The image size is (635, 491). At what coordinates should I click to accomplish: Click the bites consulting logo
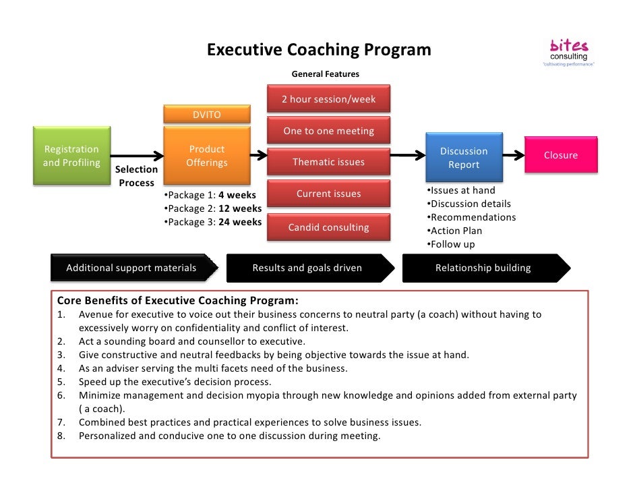click(569, 53)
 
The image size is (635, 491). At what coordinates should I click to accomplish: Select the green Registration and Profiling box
click(71, 156)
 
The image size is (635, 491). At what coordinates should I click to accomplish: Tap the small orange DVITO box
click(206, 115)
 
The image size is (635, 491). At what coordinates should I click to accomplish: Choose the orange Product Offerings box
click(206, 156)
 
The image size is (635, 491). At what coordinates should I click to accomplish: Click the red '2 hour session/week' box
click(328, 99)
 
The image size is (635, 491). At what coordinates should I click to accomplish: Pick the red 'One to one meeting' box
click(328, 131)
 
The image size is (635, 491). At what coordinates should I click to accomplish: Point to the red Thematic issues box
click(328, 162)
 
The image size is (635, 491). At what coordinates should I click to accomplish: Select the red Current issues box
click(328, 194)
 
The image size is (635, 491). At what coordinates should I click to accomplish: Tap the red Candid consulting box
click(328, 227)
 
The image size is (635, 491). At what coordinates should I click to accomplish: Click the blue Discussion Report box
click(463, 158)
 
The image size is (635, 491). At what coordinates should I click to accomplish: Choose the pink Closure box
click(561, 155)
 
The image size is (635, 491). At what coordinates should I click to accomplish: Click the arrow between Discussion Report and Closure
click(513, 155)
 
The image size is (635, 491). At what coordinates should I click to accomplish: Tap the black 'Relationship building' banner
click(484, 268)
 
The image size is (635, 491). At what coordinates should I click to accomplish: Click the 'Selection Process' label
click(136, 176)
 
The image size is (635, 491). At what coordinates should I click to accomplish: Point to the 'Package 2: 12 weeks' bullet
click(213, 208)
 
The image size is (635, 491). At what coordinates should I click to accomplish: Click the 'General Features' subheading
click(325, 74)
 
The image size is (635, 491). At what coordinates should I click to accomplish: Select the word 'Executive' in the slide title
click(244, 51)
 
